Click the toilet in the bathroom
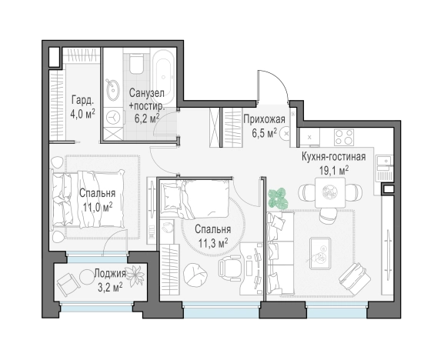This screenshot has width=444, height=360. [136, 65]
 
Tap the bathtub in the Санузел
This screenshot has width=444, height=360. [163, 77]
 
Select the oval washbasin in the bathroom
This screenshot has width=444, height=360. [112, 89]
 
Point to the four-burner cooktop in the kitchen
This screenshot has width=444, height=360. [344, 137]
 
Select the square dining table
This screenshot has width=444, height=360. [330, 192]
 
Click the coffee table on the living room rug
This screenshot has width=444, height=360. [320, 253]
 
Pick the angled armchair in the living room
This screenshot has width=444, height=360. [354, 278]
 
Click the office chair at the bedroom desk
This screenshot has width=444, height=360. [229, 268]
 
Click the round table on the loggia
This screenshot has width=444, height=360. [86, 276]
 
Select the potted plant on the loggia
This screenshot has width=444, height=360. [135, 275]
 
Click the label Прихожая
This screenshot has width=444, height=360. [264, 119]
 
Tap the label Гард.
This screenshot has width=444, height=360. [82, 100]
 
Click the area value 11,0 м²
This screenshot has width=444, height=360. [98, 207]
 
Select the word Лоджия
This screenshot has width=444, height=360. [110, 274]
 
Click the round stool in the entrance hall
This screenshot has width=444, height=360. [285, 133]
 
